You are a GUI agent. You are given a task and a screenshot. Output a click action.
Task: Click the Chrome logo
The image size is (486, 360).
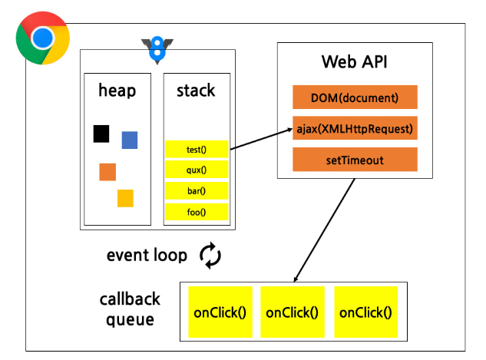43,38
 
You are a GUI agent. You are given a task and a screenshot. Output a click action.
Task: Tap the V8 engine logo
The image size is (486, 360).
157,50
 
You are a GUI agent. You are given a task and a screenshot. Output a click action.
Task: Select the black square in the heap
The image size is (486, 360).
101,134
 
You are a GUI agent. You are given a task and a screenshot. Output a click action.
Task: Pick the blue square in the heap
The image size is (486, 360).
130,140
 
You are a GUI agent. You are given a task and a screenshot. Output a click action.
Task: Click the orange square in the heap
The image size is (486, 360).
107,172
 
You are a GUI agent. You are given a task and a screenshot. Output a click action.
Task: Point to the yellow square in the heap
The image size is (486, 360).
125,198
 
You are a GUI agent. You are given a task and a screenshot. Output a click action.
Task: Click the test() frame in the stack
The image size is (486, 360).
197,150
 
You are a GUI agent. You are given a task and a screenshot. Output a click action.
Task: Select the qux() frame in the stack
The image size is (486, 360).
197,170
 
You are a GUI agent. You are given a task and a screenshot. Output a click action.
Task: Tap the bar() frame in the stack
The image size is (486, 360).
197,190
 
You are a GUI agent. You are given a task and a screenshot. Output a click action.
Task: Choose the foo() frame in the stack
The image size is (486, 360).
197,212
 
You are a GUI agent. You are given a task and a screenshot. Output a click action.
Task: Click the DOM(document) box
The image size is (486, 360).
355,97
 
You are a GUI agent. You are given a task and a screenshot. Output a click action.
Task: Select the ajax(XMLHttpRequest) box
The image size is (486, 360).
355,128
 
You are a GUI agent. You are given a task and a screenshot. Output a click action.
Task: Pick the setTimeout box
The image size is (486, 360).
355,160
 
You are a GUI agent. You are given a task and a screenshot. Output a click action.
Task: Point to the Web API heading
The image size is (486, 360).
354,61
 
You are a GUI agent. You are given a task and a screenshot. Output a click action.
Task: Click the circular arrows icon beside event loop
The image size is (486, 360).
210,256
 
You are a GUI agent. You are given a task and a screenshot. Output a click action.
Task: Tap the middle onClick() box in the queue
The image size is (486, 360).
293,312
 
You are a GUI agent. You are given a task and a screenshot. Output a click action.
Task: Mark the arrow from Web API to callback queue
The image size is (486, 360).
324,230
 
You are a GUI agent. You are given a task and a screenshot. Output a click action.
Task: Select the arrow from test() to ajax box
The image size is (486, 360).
262,139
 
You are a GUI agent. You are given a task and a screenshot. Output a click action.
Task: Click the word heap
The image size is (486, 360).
117,91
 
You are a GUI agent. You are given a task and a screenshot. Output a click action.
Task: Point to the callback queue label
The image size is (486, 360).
130,309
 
